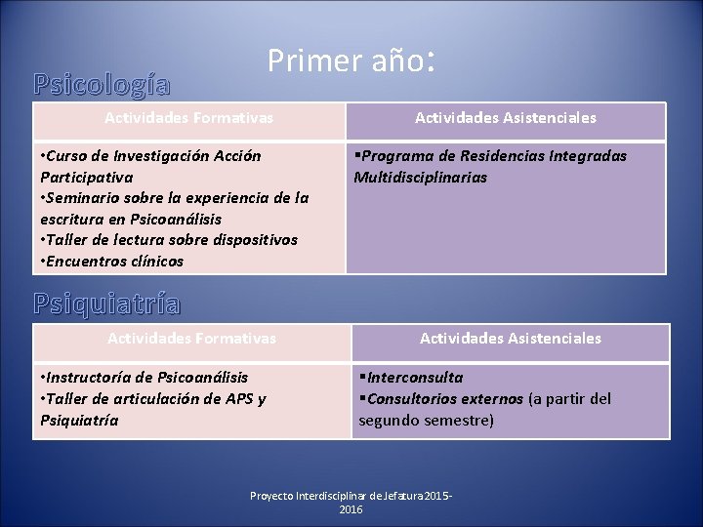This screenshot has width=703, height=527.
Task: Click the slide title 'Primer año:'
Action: tap(350, 62)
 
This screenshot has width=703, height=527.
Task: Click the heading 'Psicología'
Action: tap(102, 85)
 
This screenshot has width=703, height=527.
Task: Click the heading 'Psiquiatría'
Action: tap(106, 304)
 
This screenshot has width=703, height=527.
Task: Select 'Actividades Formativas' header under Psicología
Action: tap(189, 118)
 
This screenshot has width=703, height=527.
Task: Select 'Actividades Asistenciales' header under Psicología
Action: tap(505, 118)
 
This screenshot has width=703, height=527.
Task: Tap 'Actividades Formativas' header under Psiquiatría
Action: tap(191, 339)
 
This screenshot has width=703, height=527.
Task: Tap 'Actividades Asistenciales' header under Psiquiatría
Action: tap(510, 339)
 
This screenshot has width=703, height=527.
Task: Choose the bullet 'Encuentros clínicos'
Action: tap(114, 262)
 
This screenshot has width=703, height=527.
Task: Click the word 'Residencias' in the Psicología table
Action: tap(497, 156)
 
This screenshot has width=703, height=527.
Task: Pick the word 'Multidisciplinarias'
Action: tap(420, 178)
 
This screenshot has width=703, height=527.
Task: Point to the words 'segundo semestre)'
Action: tap(426, 421)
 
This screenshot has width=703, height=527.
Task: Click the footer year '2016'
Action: tap(350, 510)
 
